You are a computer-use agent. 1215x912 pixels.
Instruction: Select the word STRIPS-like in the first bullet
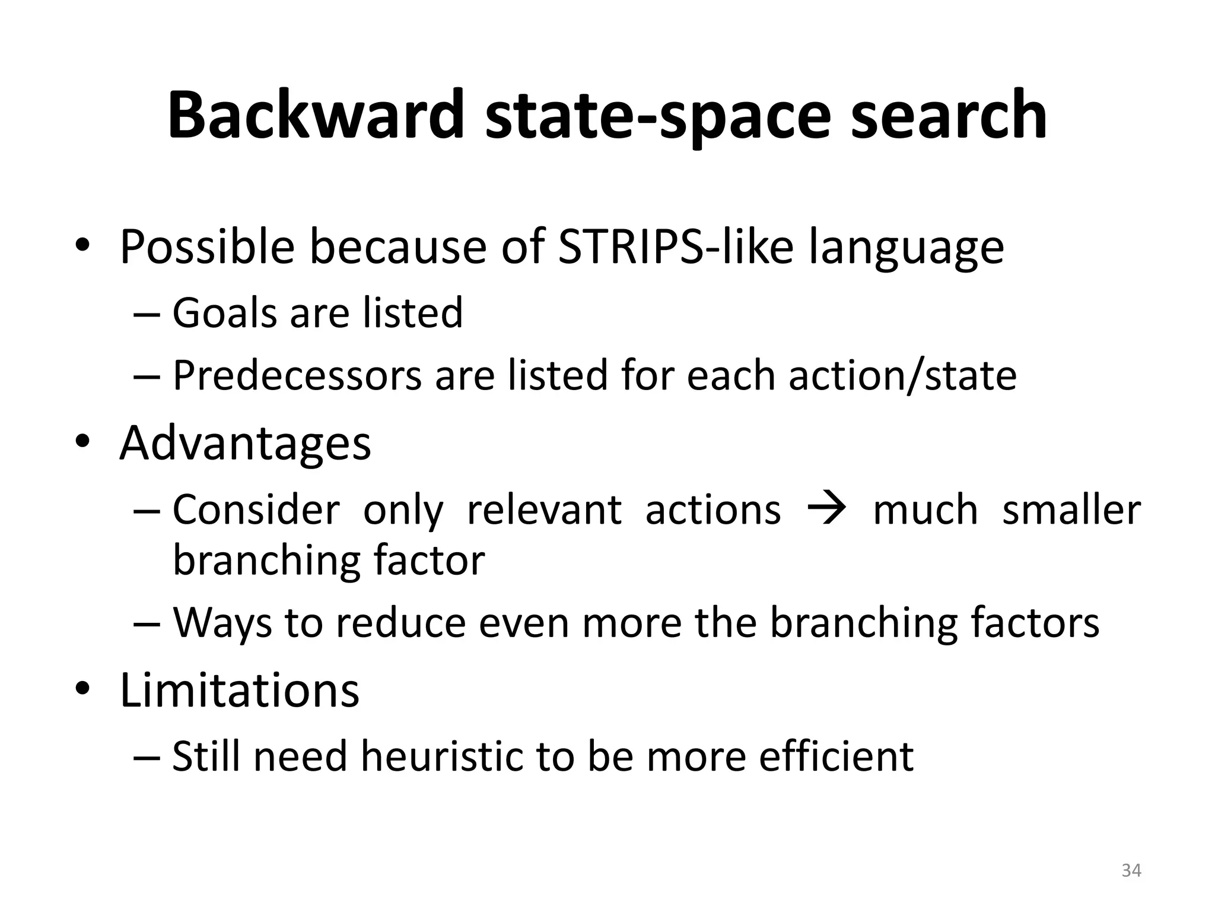point(676,247)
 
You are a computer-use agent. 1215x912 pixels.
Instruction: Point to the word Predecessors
point(297,376)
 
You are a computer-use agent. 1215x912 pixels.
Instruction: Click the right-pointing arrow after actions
point(826,509)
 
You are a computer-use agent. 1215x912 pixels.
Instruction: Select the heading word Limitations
point(240,691)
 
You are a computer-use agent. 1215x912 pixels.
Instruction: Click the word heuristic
point(443,757)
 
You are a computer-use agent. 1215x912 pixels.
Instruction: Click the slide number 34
point(1131,871)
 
